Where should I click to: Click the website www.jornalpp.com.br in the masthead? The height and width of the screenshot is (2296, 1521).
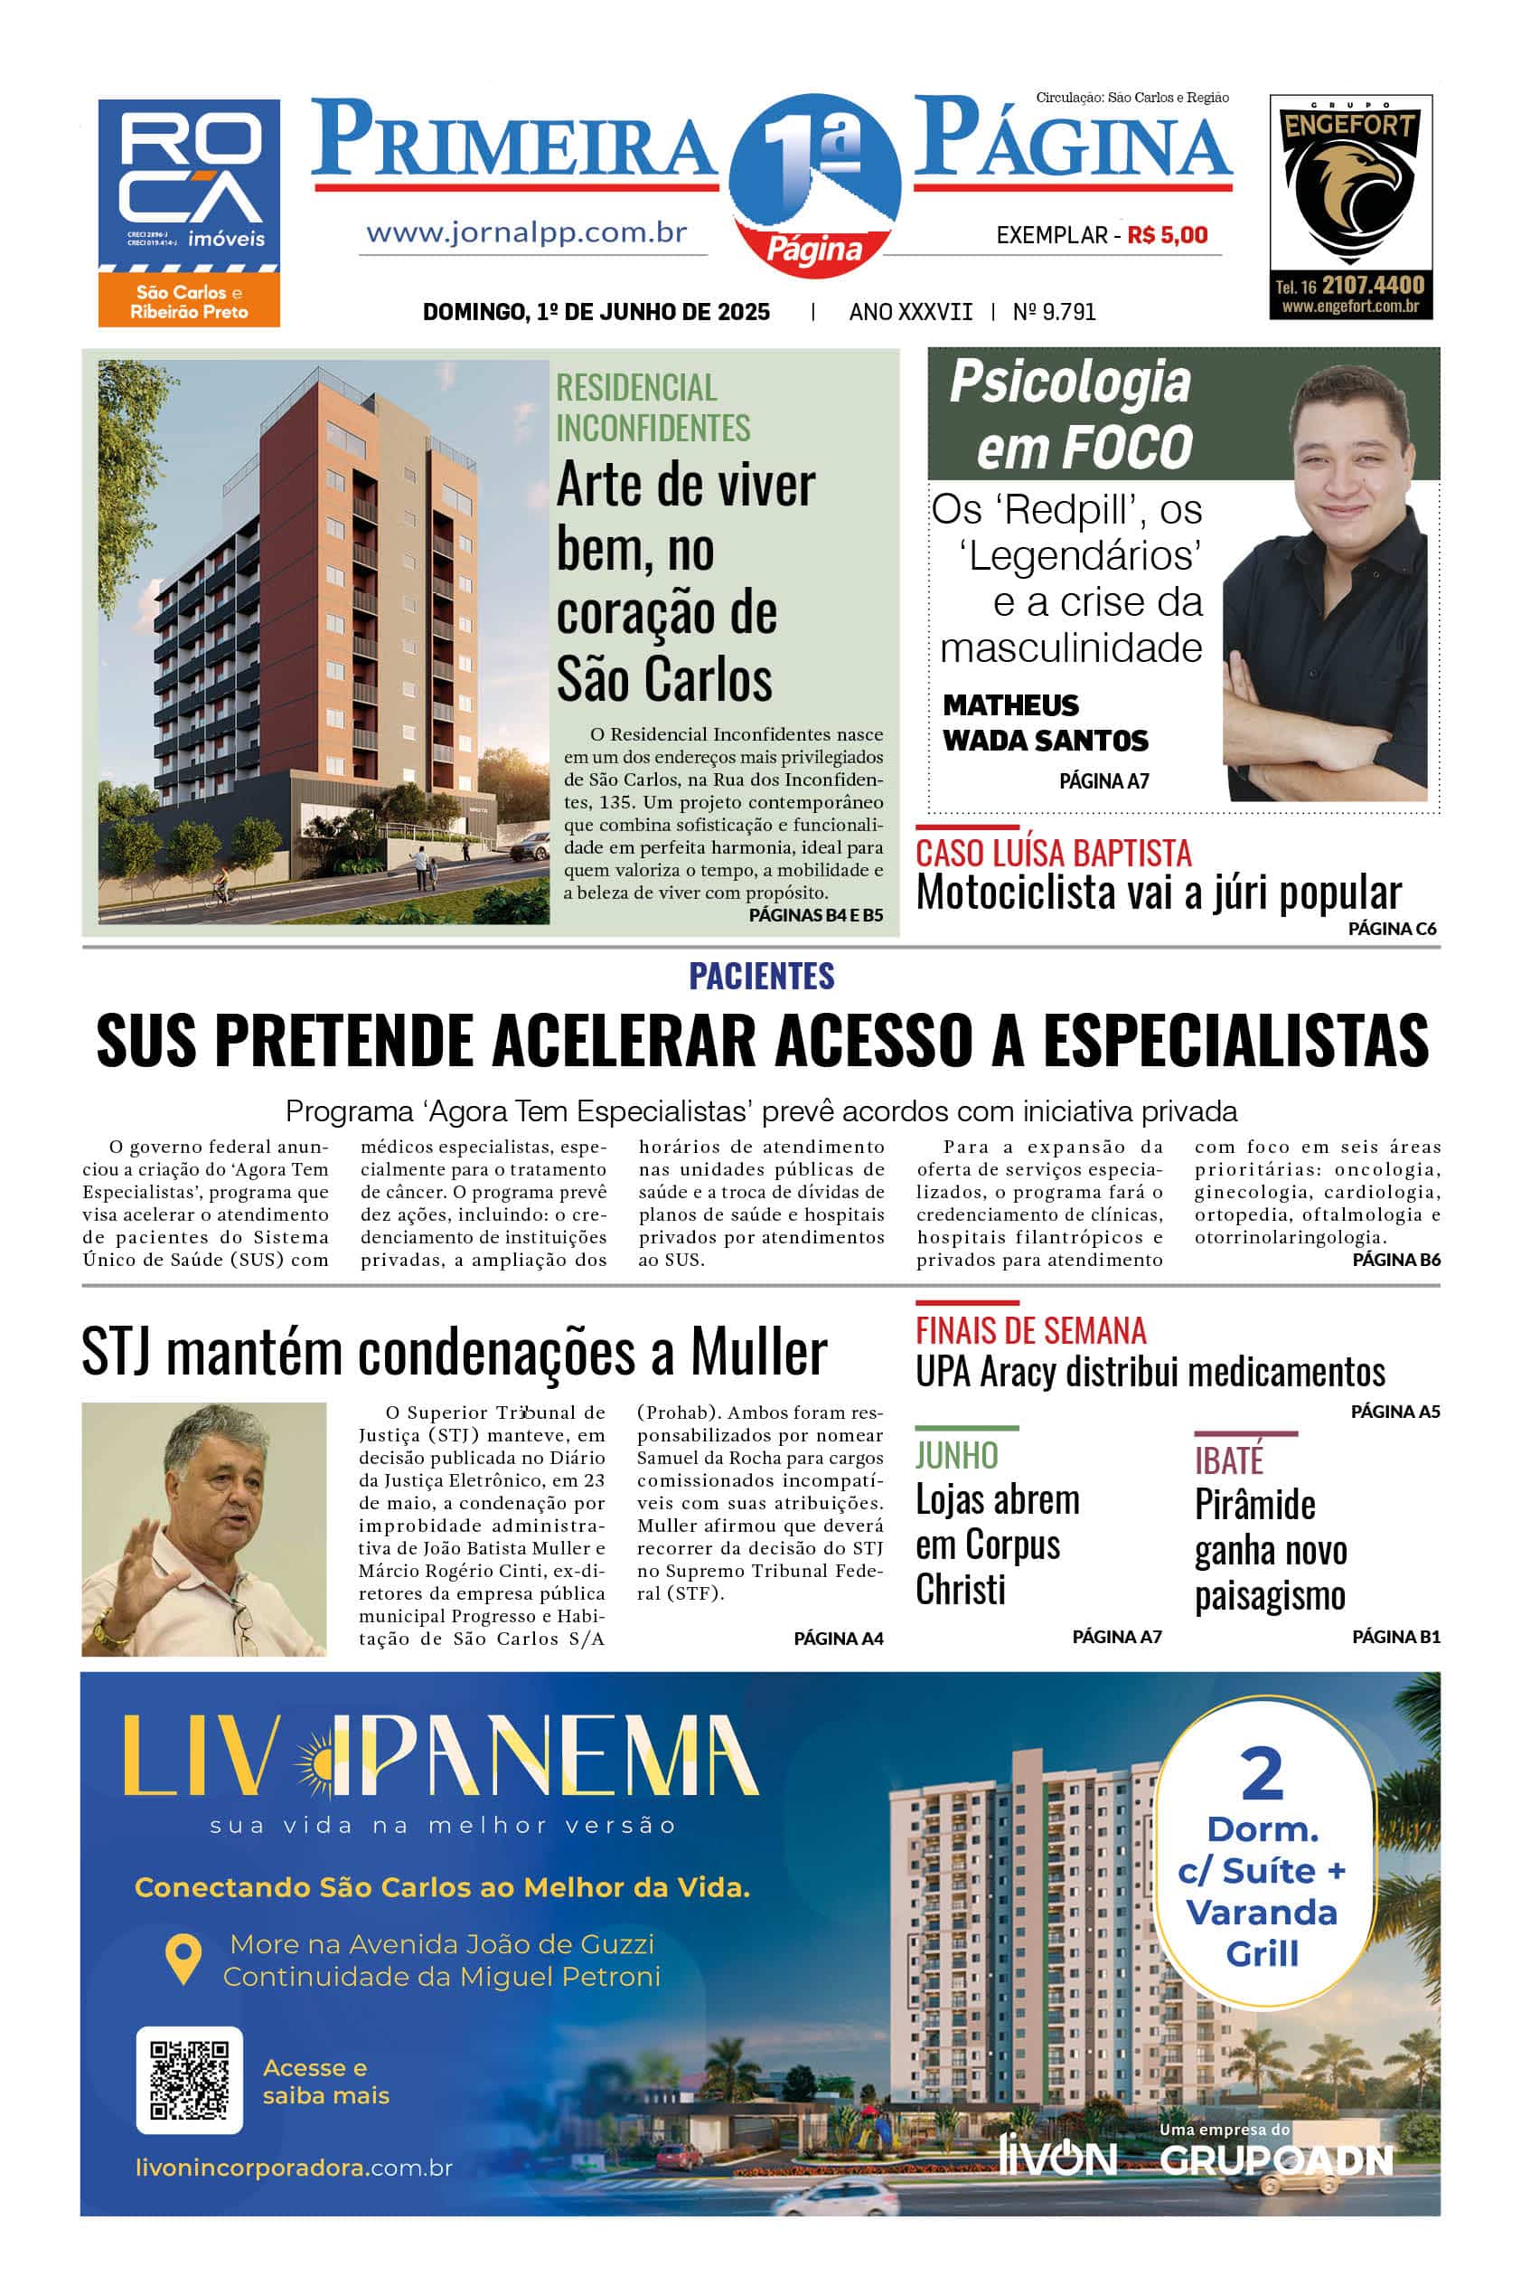tap(527, 233)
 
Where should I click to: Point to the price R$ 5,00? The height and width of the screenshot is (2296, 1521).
tap(1168, 235)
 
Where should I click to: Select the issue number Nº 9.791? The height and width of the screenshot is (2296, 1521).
tap(1055, 311)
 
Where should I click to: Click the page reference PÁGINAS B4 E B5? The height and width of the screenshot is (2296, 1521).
tap(816, 915)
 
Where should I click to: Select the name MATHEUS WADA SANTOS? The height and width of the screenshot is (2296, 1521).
tap(1045, 723)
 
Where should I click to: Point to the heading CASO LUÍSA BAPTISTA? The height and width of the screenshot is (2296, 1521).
tap(1054, 853)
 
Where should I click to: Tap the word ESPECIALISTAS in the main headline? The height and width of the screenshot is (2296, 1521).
tap(1235, 1040)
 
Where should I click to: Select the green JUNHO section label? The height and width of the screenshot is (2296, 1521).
tap(956, 1456)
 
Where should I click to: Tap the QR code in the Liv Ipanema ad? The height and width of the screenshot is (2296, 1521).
tap(190, 2080)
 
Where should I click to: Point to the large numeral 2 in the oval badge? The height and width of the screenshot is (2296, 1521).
tap(1261, 1774)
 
